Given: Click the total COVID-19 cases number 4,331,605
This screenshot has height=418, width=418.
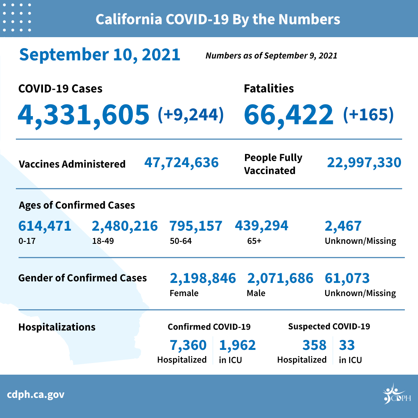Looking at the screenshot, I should [83, 114].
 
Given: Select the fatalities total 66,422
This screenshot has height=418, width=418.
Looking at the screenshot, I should [288, 114].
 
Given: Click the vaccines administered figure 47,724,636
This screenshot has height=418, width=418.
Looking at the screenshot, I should [182, 163].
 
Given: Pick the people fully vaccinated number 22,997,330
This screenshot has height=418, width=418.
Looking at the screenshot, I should [364, 163].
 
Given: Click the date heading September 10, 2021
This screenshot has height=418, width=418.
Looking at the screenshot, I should [100, 55].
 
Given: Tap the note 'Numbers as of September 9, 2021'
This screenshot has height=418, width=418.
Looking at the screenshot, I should [271, 56].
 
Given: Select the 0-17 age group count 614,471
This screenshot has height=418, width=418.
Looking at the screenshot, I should [45, 226].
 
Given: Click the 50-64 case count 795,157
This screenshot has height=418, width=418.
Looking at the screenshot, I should [196, 226].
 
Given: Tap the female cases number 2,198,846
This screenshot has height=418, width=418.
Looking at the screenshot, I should [203, 278].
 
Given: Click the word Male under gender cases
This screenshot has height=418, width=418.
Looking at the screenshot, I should [256, 293].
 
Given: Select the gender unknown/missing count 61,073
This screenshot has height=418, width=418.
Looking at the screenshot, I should [347, 278].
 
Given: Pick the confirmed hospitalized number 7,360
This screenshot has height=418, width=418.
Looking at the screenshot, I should [188, 344].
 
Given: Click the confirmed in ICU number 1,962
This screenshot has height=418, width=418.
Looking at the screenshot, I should [237, 344].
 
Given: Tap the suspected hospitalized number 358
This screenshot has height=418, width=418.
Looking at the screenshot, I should [314, 344].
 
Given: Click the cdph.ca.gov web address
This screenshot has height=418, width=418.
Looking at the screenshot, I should [36, 395].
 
